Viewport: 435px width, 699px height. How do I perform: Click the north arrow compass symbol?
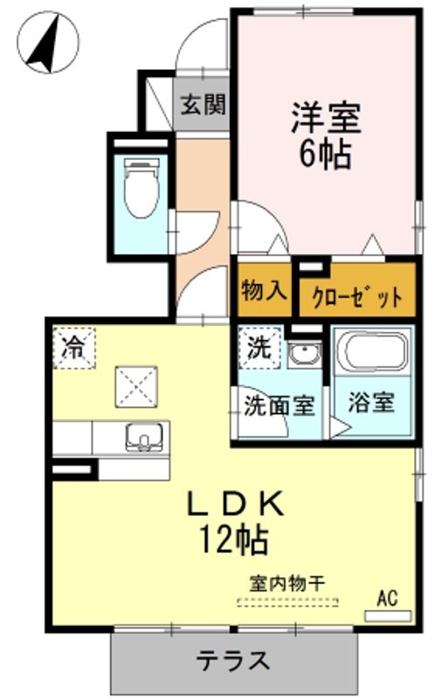pyautogui.click(x=49, y=42)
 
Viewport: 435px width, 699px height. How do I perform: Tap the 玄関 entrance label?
pyautogui.click(x=204, y=105)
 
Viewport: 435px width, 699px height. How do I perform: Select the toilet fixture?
pyautogui.click(x=142, y=189)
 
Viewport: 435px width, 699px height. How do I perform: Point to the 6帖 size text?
pyautogui.click(x=324, y=155)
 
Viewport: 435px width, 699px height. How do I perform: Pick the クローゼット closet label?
pyautogui.click(x=357, y=297)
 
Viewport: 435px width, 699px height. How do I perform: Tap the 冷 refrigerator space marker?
pyautogui.click(x=74, y=348)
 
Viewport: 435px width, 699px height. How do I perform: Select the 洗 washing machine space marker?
pyautogui.click(x=259, y=348)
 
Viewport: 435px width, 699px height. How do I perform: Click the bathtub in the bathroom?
pyautogui.click(x=372, y=351)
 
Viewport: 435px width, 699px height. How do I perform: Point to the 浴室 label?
pyautogui.click(x=371, y=402)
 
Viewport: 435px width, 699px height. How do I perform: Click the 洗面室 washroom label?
pyautogui.click(x=280, y=405)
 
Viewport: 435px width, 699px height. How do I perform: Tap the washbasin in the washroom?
pyautogui.click(x=304, y=355)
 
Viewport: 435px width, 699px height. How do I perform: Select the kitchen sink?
pyautogui.click(x=144, y=438)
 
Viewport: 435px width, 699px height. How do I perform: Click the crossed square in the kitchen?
pyautogui.click(x=136, y=386)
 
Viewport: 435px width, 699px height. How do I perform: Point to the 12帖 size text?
pyautogui.click(x=233, y=539)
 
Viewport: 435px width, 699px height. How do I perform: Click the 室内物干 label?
pyautogui.click(x=287, y=583)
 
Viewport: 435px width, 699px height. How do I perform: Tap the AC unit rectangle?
pyautogui.click(x=388, y=617)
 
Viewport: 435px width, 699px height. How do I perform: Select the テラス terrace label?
pyautogui.click(x=234, y=661)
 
